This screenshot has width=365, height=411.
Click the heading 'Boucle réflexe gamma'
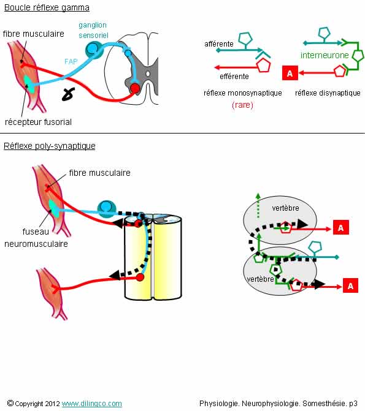(x=47, y=7)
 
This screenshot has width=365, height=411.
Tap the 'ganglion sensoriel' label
(x=93, y=30)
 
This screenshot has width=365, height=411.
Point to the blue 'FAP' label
(x=71, y=62)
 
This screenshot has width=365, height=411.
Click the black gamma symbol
(x=68, y=94)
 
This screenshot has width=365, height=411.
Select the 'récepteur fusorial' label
(x=38, y=122)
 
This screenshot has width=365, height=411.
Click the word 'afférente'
(x=219, y=43)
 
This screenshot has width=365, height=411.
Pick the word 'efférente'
(x=234, y=77)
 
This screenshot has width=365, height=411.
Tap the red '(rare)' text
(x=242, y=105)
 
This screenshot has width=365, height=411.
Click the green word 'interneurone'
(x=325, y=55)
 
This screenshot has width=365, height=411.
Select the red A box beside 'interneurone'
(x=290, y=73)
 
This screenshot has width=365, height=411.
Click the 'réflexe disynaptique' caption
(x=328, y=92)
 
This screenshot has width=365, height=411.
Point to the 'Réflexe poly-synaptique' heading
(x=49, y=146)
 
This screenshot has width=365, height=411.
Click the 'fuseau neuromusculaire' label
(x=36, y=238)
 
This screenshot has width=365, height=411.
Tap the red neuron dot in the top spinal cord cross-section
(x=135, y=88)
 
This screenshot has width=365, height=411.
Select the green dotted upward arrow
(x=258, y=206)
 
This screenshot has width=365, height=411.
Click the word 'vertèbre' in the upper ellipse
(x=285, y=208)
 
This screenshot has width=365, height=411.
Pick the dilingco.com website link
(x=92, y=404)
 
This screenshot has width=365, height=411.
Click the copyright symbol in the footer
(x=10, y=403)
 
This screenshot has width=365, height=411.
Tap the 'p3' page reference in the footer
(x=353, y=404)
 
